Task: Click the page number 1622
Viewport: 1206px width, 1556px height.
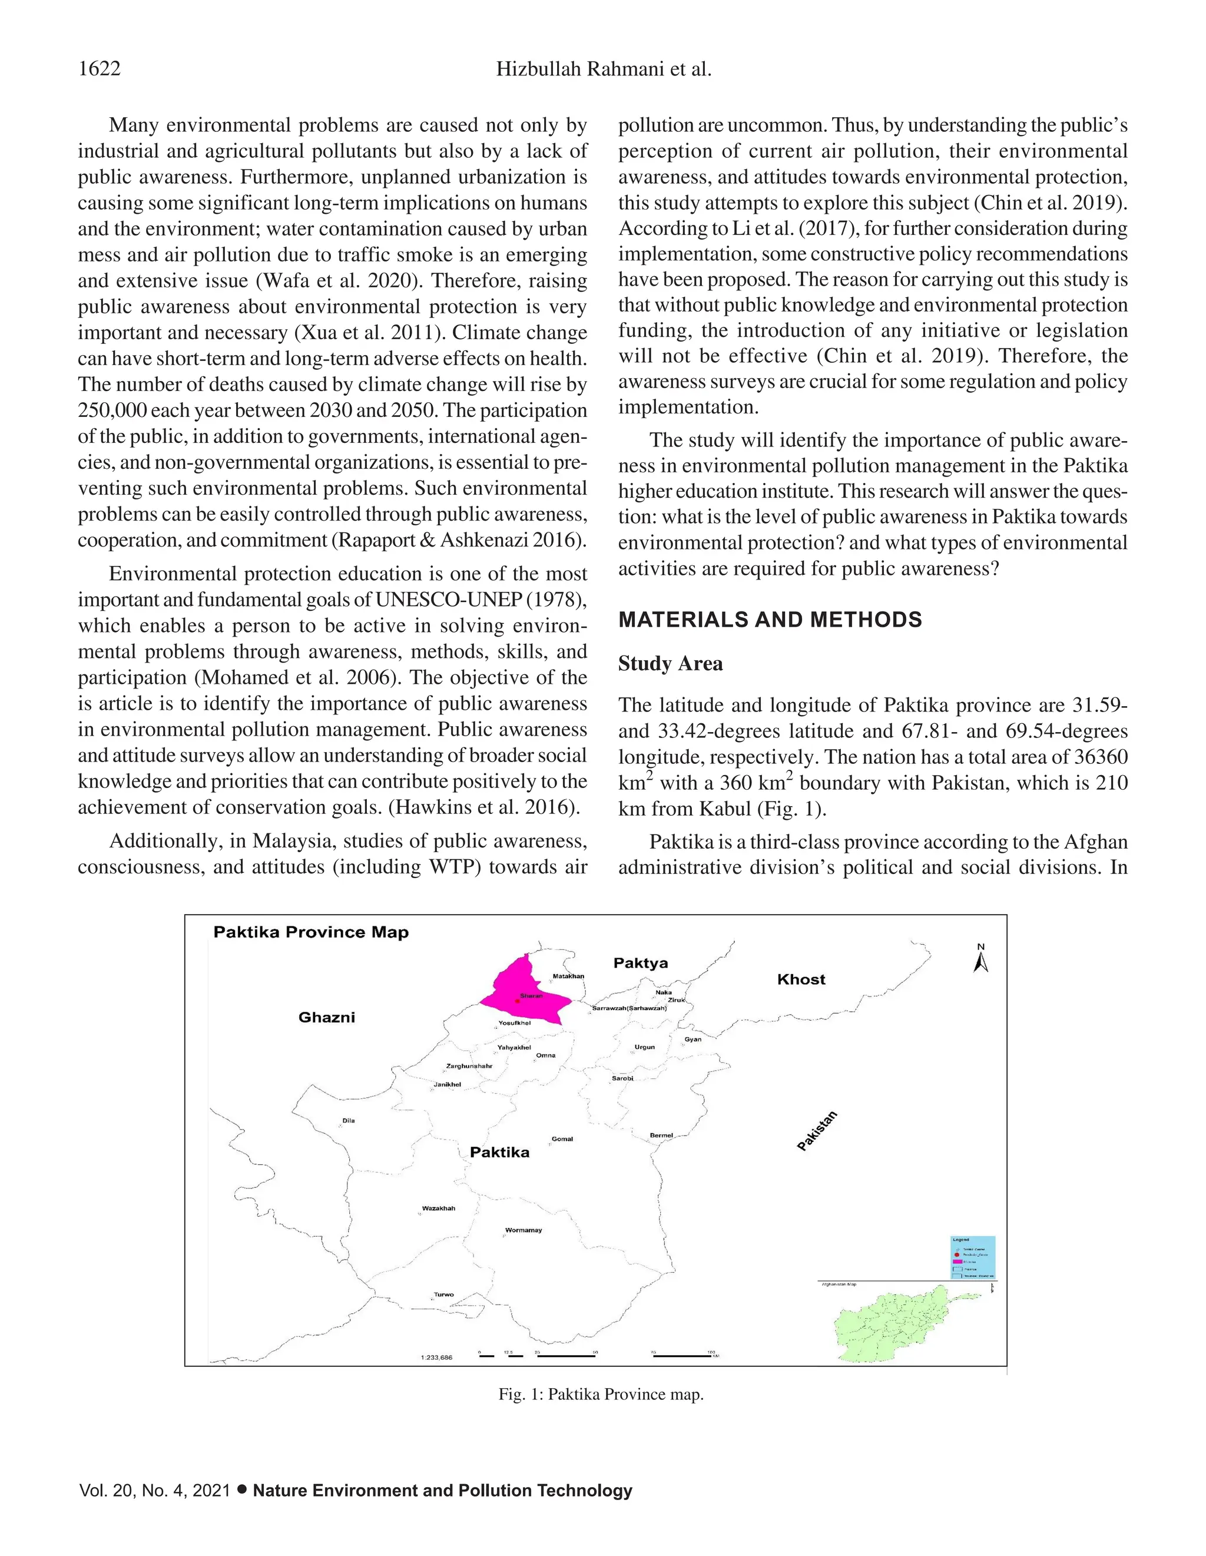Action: [x=99, y=69]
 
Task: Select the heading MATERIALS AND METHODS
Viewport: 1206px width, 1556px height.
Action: [x=769, y=619]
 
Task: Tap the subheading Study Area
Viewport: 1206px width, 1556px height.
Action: [x=670, y=663]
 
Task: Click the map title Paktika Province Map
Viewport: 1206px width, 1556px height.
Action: [x=312, y=932]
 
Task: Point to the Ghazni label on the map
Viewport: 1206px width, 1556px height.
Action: [x=326, y=1017]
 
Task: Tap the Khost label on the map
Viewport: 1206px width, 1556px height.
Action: [x=801, y=979]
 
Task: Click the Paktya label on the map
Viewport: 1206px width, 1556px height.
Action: [x=641, y=964]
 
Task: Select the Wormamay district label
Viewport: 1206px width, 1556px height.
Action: [x=524, y=1230]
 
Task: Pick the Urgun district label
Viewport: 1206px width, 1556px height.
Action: [x=644, y=1047]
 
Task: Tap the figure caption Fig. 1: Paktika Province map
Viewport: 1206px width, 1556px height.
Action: [x=601, y=1394]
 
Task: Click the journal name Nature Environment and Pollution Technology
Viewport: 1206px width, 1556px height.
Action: [x=442, y=1491]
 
